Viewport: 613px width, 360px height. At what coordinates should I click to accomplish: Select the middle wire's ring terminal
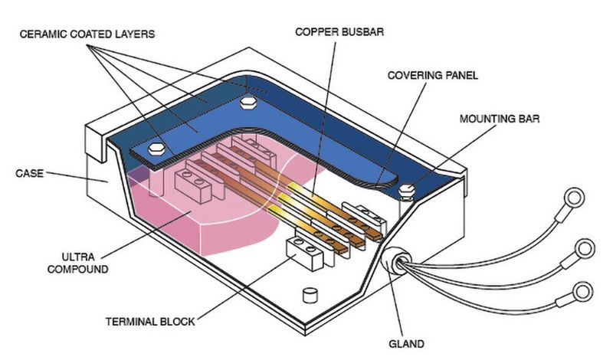pos(584,247)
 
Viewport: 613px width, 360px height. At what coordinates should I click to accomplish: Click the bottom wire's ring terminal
pos(582,291)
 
